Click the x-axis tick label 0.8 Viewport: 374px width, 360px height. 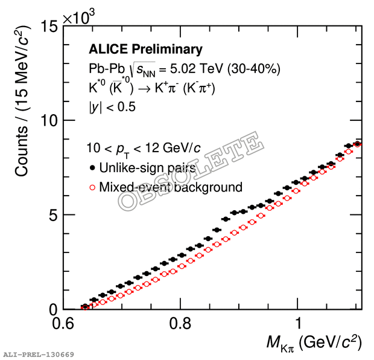(180, 322)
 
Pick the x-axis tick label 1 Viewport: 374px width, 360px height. (298, 322)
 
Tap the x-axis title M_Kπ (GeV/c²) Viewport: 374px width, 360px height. (314, 343)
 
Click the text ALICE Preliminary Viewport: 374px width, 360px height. (145, 50)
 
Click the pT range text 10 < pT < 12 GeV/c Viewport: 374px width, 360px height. (149, 148)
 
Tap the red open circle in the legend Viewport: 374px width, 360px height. (92, 187)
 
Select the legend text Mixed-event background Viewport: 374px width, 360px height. (171, 187)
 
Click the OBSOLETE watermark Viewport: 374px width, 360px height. (191, 172)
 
